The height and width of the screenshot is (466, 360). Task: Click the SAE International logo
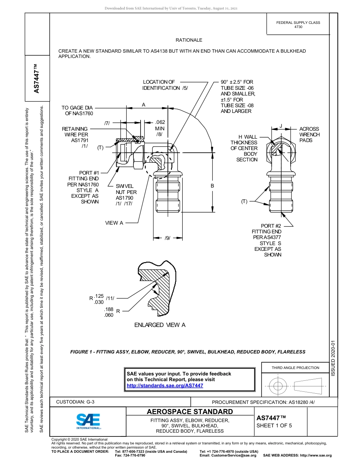point(88,421)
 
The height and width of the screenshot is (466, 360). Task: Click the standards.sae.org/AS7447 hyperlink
point(165,385)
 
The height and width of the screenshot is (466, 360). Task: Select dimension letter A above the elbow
point(144,105)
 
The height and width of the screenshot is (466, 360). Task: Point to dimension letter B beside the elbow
point(212,186)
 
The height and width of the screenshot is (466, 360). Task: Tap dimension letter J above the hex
point(281,126)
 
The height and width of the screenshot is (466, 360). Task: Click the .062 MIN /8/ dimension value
point(160,128)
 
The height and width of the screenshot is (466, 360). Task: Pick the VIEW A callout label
point(114,223)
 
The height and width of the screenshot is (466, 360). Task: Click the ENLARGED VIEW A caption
point(160,325)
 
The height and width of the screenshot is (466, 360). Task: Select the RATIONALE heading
point(189,40)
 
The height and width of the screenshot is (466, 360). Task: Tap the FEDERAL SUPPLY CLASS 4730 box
point(298,25)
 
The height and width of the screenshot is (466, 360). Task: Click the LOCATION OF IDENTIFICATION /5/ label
point(165,85)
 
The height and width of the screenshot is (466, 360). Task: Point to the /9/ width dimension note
point(167,238)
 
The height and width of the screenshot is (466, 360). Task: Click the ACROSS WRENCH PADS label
point(309,134)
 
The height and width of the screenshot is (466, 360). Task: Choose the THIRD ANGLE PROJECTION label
point(295,367)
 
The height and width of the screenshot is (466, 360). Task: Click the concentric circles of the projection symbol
point(278,386)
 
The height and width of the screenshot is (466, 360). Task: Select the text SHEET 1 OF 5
point(274,425)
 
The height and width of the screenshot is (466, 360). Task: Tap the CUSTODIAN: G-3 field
point(75,402)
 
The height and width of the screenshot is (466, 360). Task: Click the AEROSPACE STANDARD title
point(190,412)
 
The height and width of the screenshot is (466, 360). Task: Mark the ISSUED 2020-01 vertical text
point(333,358)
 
